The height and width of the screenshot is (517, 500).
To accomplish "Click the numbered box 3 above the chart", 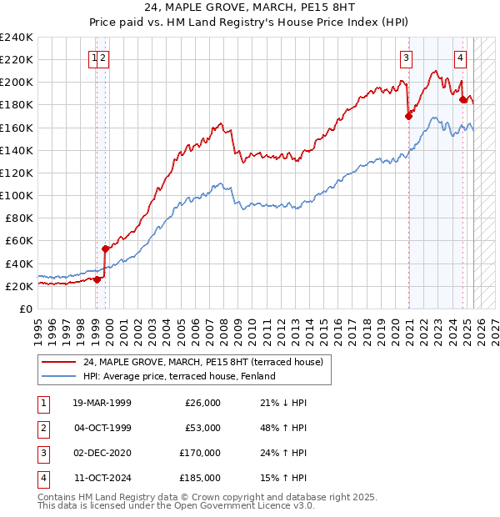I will tap(406, 58).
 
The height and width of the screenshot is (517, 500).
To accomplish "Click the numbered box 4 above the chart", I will tap(460, 58).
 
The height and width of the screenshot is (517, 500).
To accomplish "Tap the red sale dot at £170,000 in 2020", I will tap(408, 117).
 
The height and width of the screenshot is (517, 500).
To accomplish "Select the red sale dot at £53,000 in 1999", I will tap(106, 248).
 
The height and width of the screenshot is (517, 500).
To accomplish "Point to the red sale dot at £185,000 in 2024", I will tap(463, 99).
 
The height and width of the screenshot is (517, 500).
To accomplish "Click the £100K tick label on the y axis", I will tap(16, 195).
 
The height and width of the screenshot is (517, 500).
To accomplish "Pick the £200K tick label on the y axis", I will tap(16, 83).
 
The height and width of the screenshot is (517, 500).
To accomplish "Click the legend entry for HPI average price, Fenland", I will tap(179, 376).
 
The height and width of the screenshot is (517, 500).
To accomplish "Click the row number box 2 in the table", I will tap(42, 428).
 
